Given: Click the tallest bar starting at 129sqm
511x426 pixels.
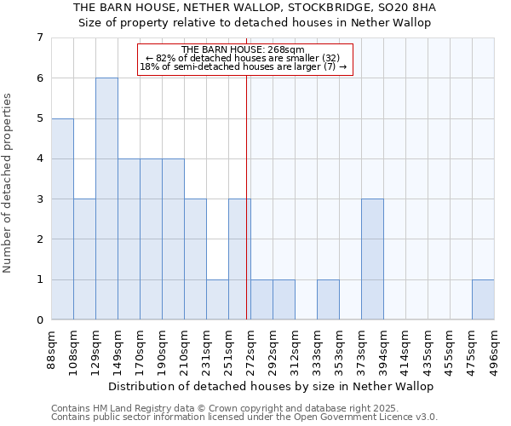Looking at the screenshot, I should [106, 199].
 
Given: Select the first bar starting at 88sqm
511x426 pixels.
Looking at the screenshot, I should [62, 219].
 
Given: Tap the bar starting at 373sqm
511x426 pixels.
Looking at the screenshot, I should [372, 259].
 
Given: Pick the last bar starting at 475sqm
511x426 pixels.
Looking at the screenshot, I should [483, 299].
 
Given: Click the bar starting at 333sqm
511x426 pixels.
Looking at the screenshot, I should [328, 299].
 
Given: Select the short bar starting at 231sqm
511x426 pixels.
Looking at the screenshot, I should [217, 299].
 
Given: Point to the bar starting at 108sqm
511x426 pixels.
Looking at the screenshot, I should [84, 259].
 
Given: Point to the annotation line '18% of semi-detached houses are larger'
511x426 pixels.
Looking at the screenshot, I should [244, 66].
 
